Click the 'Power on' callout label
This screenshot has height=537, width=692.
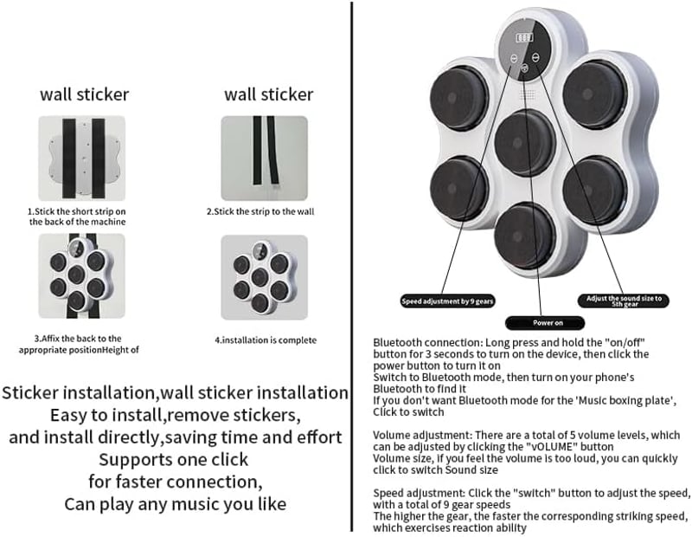coord(545,323)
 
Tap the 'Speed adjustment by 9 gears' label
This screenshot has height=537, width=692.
coord(447,301)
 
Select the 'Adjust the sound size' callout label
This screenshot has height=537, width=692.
coord(623,301)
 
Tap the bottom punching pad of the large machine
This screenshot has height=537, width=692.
coord(524,236)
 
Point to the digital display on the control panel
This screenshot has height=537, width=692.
coord(524,37)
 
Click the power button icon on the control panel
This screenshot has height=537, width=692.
coord(524,68)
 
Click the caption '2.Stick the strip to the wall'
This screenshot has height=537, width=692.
coord(260,211)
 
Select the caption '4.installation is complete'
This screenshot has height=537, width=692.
coord(266,340)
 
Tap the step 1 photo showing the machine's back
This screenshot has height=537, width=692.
coord(81,159)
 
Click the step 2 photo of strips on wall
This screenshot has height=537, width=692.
coord(265,159)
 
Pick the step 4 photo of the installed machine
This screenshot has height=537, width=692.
coord(265,277)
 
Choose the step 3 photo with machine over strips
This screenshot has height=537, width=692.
coord(81,276)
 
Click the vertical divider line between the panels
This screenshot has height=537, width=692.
coord(352,267)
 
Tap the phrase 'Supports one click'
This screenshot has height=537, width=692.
coord(174,460)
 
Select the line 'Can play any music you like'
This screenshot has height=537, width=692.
coord(176,504)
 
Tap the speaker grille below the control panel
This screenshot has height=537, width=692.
coord(528,94)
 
